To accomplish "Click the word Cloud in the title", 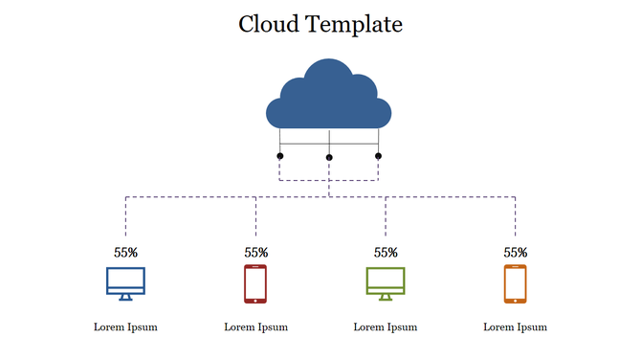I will coord(271,24).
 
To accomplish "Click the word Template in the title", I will coord(355,25).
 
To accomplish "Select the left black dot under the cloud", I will coord(280,155).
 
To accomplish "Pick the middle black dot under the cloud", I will coord(329,157).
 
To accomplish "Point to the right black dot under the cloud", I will coord(378,155).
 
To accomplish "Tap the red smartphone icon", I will coord(255,283).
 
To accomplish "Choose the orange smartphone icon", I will coord(516,283).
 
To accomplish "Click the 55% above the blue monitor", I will coord(125,253).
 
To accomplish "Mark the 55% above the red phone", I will coord(255,253).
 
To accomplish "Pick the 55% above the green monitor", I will coord(386,253).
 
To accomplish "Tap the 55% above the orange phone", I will coord(516,253).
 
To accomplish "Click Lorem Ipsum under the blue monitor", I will coord(125,326).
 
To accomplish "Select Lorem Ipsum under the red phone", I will coord(255,326).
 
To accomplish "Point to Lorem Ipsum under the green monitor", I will coord(386,326).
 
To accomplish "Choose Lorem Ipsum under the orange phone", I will coord(516,326).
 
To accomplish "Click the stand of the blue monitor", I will coord(125,297).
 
